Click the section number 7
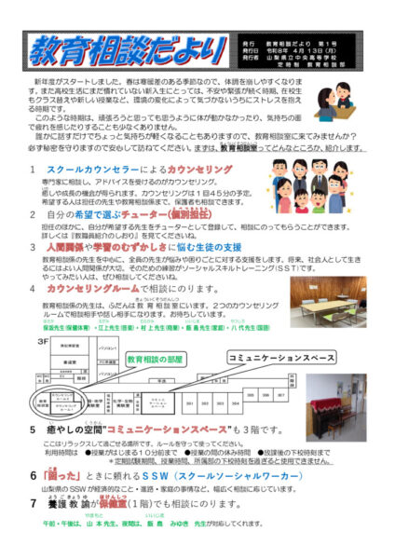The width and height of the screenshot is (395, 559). pyautogui.click(x=33, y=526)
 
